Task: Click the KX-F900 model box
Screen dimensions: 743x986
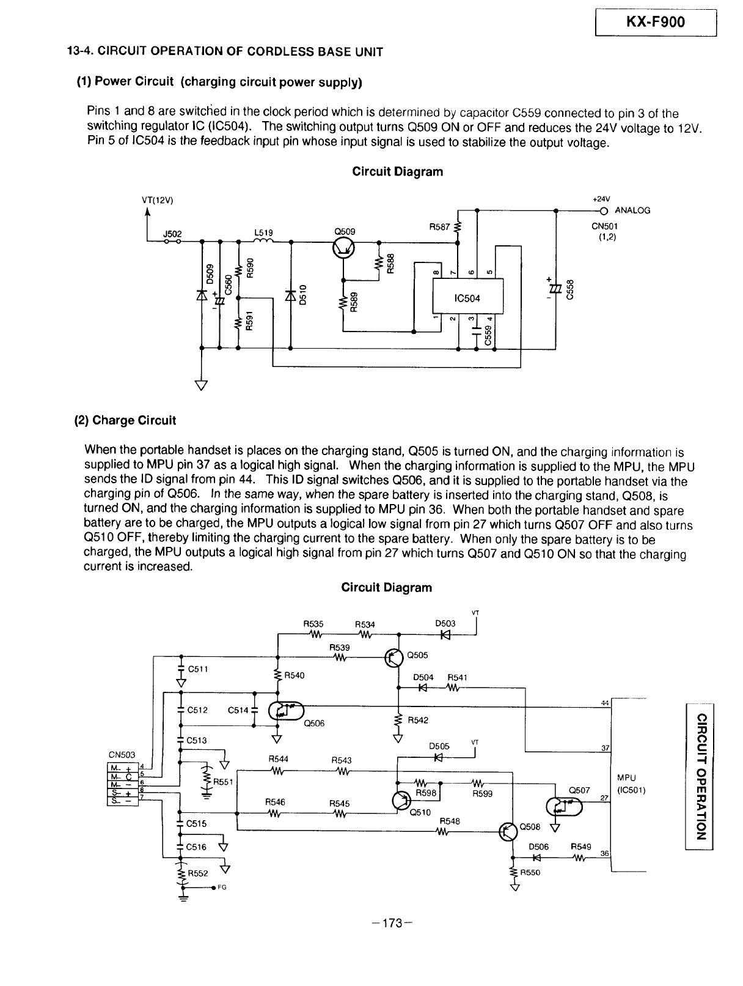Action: point(656,22)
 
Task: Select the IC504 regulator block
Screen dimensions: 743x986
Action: point(467,295)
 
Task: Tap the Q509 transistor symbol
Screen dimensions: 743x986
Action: point(343,248)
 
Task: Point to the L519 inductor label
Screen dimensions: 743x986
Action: point(263,232)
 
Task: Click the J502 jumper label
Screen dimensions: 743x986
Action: point(172,234)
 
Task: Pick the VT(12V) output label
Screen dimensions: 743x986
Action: point(158,201)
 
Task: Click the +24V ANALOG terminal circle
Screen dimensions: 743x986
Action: point(604,210)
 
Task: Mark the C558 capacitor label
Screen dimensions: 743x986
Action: point(570,290)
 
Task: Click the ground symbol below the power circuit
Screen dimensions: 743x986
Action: point(202,385)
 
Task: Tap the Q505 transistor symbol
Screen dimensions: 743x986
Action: point(394,659)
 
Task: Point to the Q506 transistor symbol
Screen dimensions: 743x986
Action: point(286,711)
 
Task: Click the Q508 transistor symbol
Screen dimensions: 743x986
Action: point(508,831)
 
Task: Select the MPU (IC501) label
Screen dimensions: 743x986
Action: point(631,784)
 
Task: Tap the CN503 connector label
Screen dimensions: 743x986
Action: point(122,755)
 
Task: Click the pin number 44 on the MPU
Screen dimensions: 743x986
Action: point(605,703)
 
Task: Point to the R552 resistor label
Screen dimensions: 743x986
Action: point(198,873)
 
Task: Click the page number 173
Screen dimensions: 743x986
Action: point(392,922)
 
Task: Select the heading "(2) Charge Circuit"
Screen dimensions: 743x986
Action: point(125,420)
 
